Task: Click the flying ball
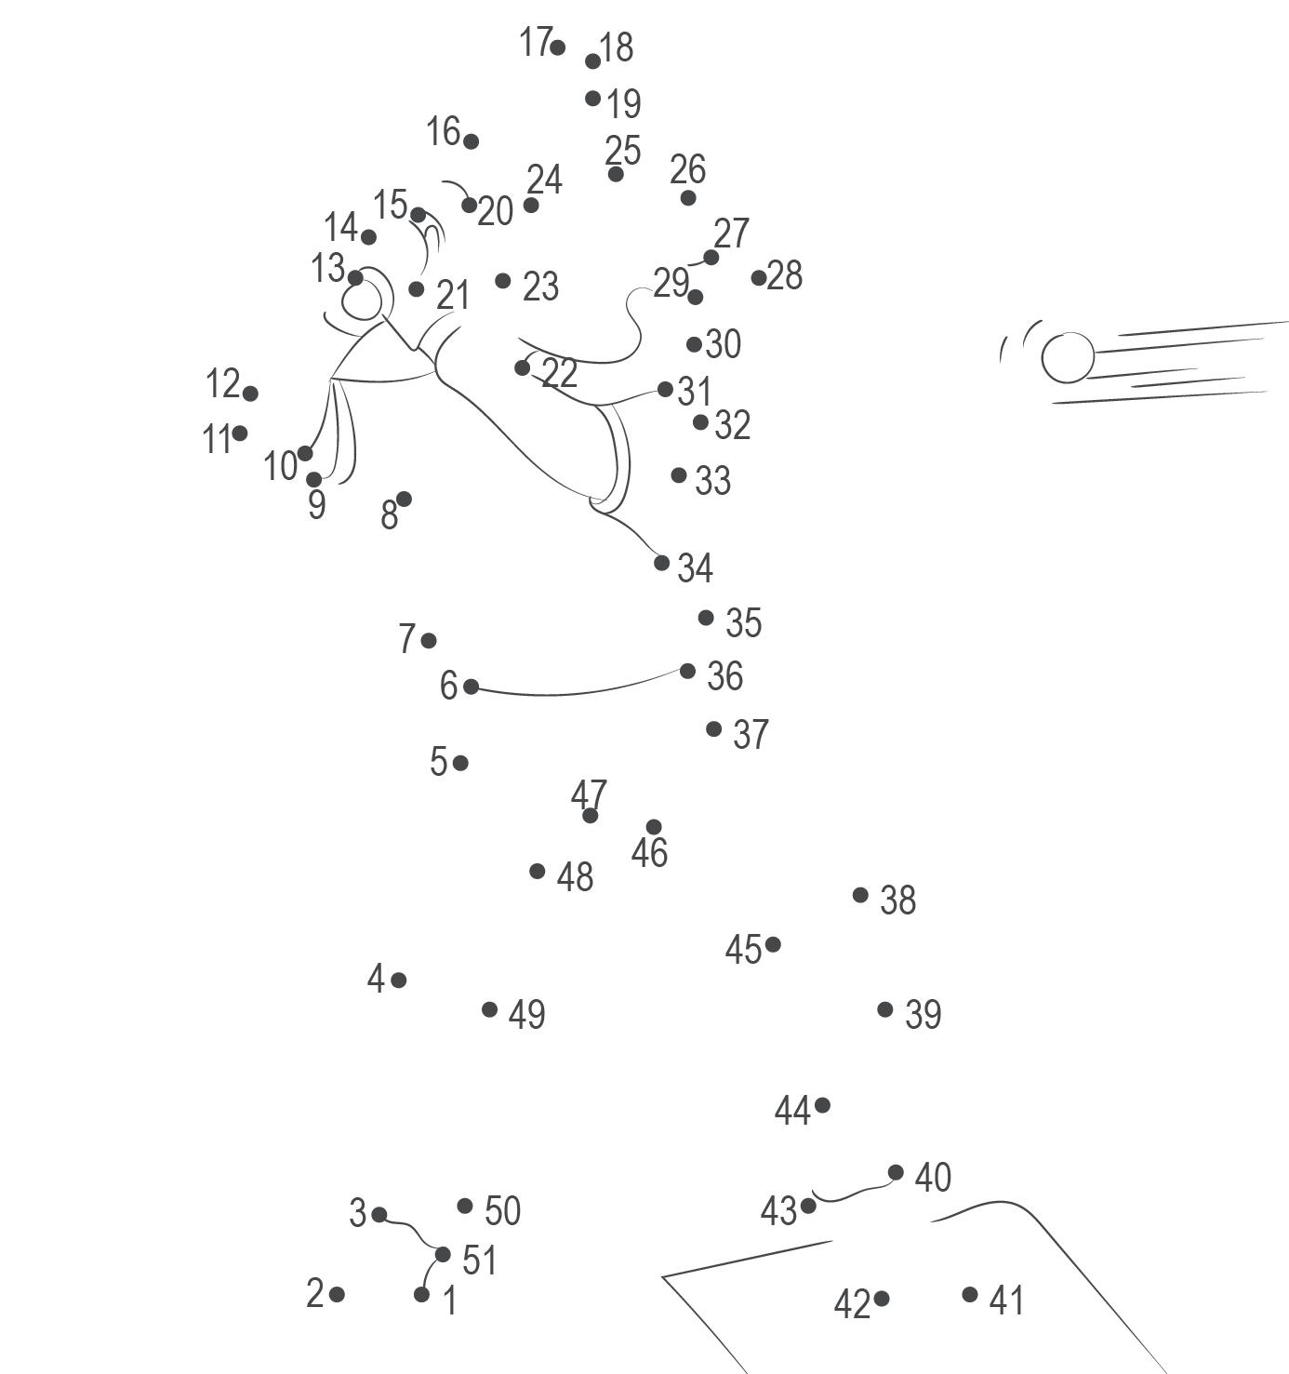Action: click(x=1068, y=357)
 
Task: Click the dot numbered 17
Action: click(x=557, y=47)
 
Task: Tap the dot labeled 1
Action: click(x=422, y=1294)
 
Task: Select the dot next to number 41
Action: click(x=970, y=1294)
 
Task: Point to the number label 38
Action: click(x=897, y=900)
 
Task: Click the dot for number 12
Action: click(x=250, y=394)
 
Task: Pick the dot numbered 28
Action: click(x=759, y=277)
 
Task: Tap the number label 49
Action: click(x=526, y=1014)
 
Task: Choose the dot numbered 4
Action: click(x=398, y=980)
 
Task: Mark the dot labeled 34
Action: click(x=661, y=562)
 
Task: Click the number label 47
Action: click(x=589, y=794)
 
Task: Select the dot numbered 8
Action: click(x=404, y=500)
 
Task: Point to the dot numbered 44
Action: click(x=822, y=1105)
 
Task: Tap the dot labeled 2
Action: click(x=337, y=1294)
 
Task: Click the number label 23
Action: click(x=540, y=287)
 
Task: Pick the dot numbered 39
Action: click(x=885, y=1009)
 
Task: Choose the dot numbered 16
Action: click(x=471, y=141)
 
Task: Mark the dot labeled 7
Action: click(x=429, y=640)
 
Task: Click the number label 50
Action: click(x=502, y=1211)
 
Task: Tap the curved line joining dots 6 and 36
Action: click(x=577, y=693)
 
